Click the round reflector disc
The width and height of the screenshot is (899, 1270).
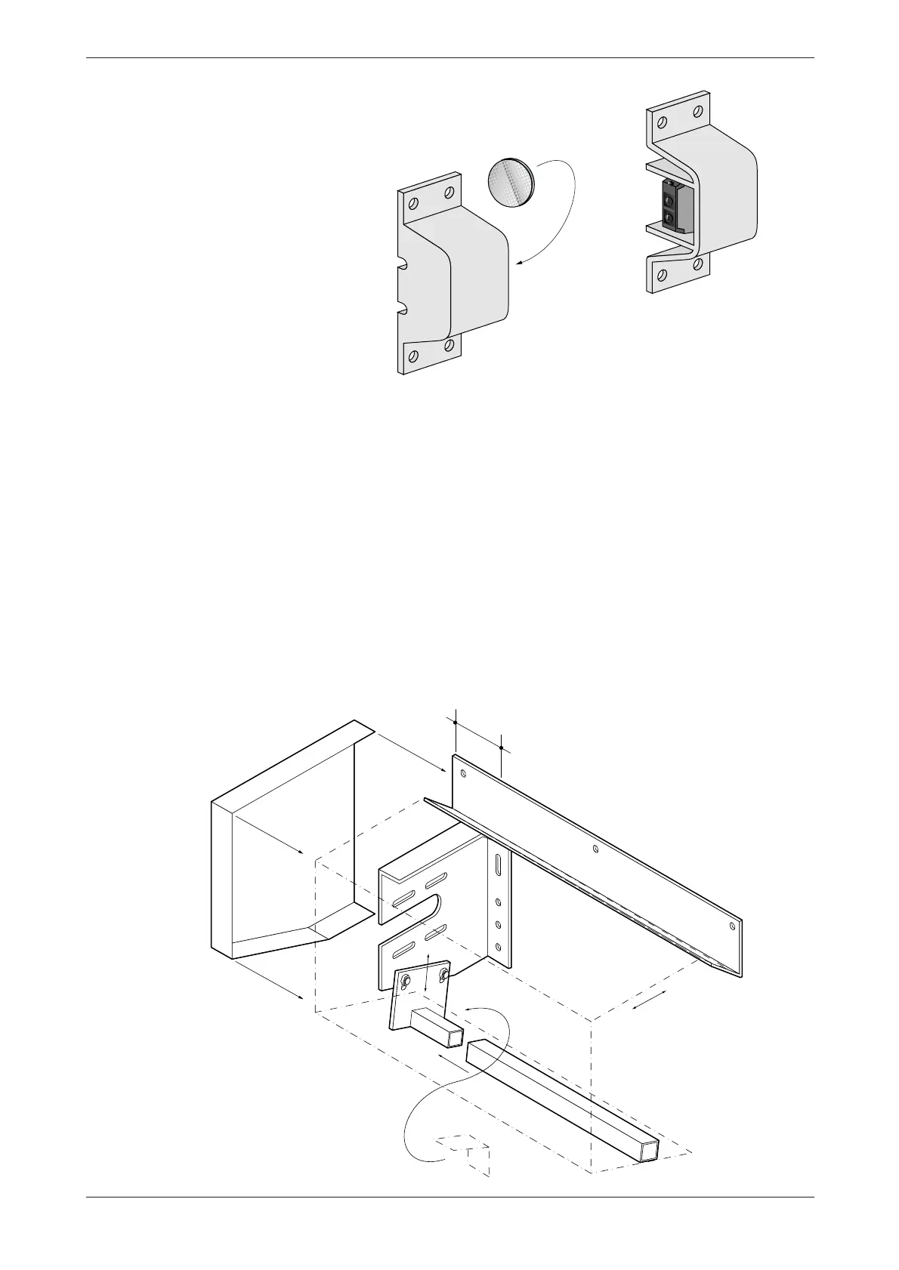point(509,182)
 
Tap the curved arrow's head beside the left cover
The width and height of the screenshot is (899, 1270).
point(516,264)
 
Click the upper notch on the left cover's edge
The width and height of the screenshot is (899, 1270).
point(403,266)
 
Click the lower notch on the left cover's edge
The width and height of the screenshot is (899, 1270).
point(403,308)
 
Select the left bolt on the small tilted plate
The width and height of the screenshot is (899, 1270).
point(406,981)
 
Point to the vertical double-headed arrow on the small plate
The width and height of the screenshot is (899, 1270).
point(428,974)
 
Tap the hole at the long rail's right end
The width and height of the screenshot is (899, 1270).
point(731,924)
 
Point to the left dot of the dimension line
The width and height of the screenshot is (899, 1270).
point(456,723)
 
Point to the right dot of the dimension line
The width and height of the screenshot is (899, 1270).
point(502,748)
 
